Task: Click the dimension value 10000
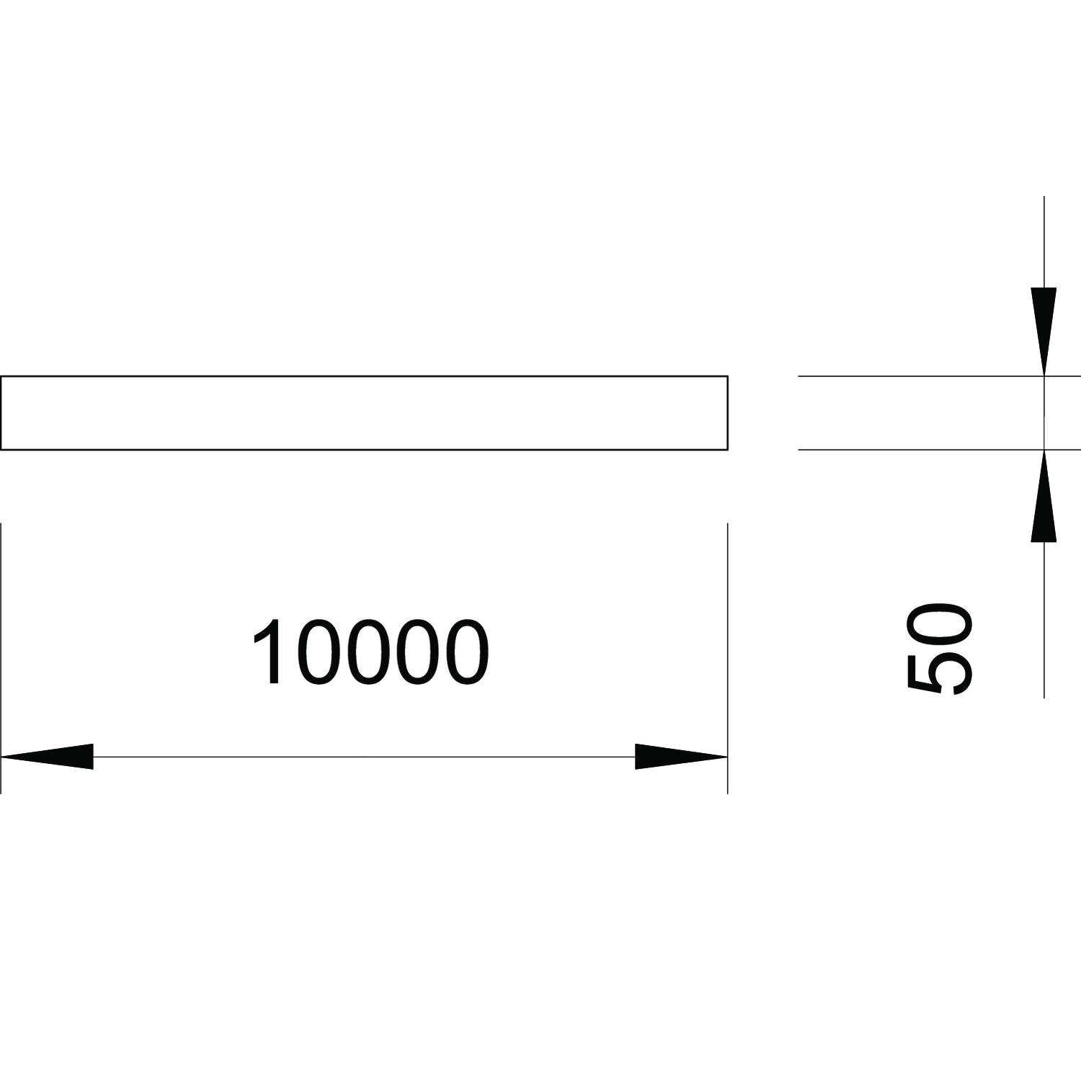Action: click(x=370, y=651)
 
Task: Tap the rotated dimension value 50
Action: click(x=939, y=649)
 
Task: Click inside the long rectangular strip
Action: click(x=364, y=412)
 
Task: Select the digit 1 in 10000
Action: click(x=269, y=651)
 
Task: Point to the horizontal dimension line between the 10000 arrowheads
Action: click(x=364, y=757)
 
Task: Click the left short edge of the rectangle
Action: click(x=1, y=412)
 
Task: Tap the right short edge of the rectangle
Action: click(x=727, y=412)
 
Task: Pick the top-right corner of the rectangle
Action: click(x=727, y=376)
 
